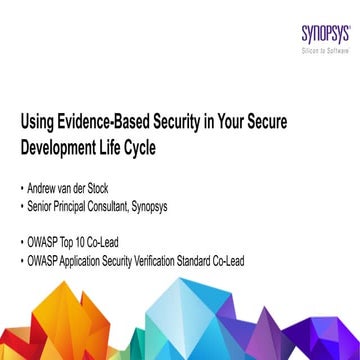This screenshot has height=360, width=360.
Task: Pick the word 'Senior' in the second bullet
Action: point(46,179)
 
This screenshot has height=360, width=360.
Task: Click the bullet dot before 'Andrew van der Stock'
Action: point(24,160)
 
